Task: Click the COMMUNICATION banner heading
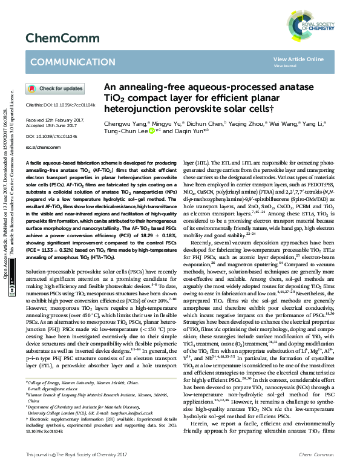tap(65, 62)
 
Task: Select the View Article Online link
tap(298, 59)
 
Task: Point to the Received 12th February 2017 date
tap(52, 120)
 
